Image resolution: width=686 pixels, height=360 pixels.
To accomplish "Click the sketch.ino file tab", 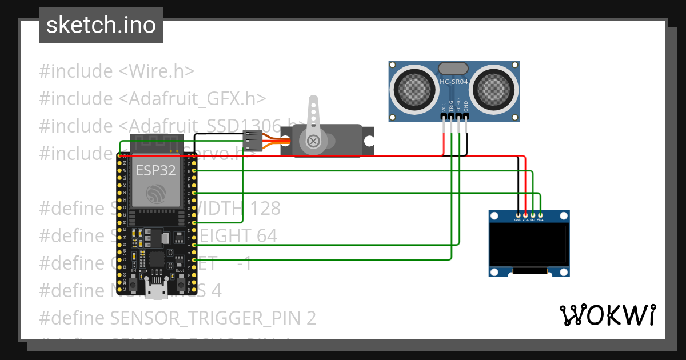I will pyautogui.click(x=101, y=25).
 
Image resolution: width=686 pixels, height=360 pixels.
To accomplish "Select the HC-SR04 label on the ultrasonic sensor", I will pyautogui.click(x=454, y=82).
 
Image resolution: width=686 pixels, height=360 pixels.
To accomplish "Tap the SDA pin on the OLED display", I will pyautogui.click(x=540, y=219).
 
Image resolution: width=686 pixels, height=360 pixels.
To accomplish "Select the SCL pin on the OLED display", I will pyautogui.click(x=533, y=219).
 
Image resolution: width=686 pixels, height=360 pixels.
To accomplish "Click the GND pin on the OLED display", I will pyautogui.click(x=518, y=219).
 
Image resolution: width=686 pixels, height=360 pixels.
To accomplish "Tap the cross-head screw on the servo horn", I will pyautogui.click(x=313, y=141).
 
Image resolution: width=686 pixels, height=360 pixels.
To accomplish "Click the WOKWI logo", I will pyautogui.click(x=607, y=315).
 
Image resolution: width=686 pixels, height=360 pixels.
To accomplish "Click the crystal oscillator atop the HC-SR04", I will pyautogui.click(x=454, y=68).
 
